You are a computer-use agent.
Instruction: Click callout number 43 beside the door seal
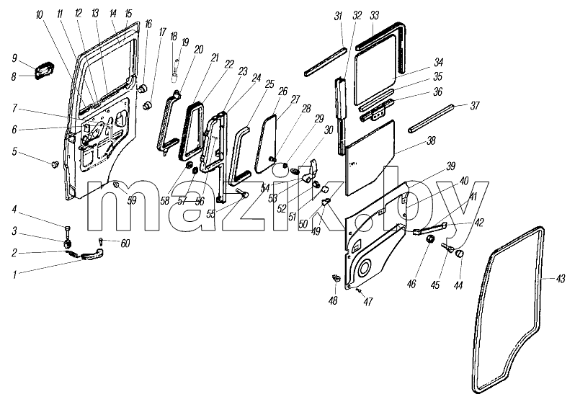560,280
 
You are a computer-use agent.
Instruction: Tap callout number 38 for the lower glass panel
432,140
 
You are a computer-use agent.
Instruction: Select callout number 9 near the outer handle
14,58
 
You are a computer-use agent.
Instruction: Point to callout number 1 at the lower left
14,275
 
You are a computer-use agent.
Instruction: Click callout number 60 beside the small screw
125,244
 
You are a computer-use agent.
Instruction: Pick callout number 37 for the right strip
475,106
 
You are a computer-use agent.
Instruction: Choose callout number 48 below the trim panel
333,300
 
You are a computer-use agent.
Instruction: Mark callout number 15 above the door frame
128,14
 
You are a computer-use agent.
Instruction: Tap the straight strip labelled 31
325,61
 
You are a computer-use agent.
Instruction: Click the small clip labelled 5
55,164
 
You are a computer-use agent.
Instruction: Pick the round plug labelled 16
142,88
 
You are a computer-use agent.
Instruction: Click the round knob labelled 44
460,254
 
